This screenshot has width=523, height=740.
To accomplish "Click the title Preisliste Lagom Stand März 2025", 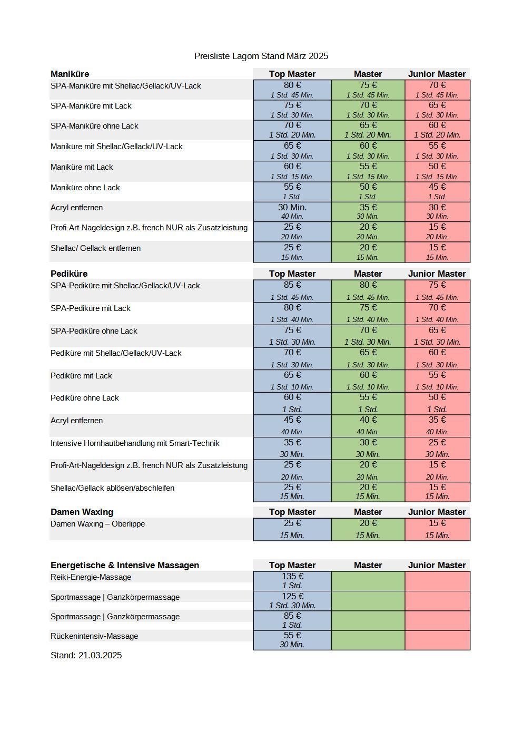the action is coord(261,56).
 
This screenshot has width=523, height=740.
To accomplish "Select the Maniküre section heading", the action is coord(70,74).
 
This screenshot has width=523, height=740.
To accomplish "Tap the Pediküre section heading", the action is coord(69,274).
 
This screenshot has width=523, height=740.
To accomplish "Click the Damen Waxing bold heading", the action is coord(82,512).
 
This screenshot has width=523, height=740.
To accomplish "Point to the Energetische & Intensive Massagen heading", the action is coord(125,565).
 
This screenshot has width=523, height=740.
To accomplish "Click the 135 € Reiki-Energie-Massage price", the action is coord(292,576).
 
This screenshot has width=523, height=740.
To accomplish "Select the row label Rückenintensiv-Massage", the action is coord(94,636).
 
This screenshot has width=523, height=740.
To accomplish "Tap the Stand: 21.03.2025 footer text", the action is coord(86,655).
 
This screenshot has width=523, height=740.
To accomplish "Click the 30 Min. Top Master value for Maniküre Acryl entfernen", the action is coord(292,207).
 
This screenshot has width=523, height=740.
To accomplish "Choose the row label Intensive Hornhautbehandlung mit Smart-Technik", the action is coord(135,443).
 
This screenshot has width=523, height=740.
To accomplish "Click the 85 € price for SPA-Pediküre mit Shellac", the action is coord(292,285).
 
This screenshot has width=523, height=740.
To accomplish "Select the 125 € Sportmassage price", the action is coord(292,596).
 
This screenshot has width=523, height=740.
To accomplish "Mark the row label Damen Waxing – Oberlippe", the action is coord(98,523).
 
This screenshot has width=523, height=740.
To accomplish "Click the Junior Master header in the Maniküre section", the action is coord(437,74).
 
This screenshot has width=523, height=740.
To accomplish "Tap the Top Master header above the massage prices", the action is coord(292,565).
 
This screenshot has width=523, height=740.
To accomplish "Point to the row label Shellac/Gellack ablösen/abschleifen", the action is coord(112,488).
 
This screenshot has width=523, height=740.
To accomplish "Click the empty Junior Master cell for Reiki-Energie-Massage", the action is coord(438,581).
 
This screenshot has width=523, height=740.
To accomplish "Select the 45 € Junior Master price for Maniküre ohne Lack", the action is coord(437,187).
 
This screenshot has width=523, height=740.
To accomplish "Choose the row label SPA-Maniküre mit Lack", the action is coord(91,106).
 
